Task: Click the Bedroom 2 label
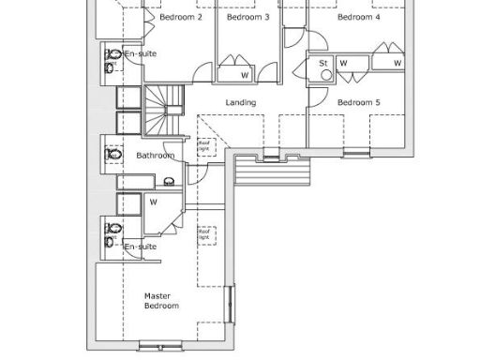click(181, 17)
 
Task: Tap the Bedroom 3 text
click(247, 17)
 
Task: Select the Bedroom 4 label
click(358, 17)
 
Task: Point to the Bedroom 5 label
click(358, 102)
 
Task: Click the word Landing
click(241, 102)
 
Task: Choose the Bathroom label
click(155, 155)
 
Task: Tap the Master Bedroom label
click(160, 299)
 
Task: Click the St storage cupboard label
click(323, 63)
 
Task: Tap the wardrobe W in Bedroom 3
click(244, 74)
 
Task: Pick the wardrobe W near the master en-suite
click(153, 200)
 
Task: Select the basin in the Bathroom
click(170, 182)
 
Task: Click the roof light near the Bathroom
click(203, 145)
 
